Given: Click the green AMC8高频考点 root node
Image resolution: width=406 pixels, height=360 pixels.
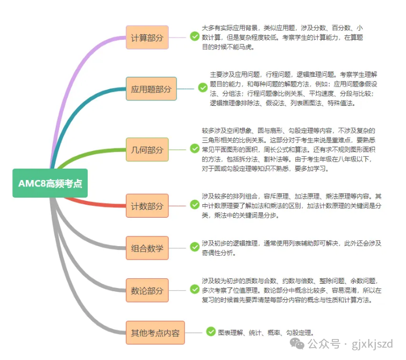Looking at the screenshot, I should pyautogui.click(x=49, y=183).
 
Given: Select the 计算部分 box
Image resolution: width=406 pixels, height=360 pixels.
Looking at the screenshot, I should pyautogui.click(x=147, y=38).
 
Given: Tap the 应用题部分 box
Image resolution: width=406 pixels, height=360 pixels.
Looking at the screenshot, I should pyautogui.click(x=151, y=89).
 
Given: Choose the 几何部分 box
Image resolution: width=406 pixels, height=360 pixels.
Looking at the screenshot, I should pyautogui.click(x=147, y=149).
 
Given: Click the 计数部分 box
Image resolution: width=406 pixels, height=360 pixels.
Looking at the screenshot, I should pyautogui.click(x=147, y=206).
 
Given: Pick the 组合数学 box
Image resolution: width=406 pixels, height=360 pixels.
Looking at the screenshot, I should pyautogui.click(x=147, y=248).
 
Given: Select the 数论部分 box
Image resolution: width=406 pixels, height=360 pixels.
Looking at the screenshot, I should pyautogui.click(x=147, y=291).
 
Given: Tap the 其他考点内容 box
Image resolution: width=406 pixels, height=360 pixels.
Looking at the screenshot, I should pyautogui.click(x=155, y=333).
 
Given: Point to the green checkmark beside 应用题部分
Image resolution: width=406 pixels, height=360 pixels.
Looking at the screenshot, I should pyautogui.click(x=202, y=87).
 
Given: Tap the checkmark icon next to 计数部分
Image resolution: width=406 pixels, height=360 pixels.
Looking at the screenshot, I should pyautogui.click(x=194, y=204).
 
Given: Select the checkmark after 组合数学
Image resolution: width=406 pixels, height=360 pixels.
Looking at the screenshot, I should pyautogui.click(x=194, y=247).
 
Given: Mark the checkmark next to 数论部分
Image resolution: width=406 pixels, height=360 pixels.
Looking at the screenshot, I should pyautogui.click(x=194, y=289).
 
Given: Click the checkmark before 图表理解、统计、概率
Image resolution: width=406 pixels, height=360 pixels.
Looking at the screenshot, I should pyautogui.click(x=210, y=332).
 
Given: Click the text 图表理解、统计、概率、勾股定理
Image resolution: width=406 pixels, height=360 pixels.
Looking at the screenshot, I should pyautogui.click(x=265, y=333).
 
